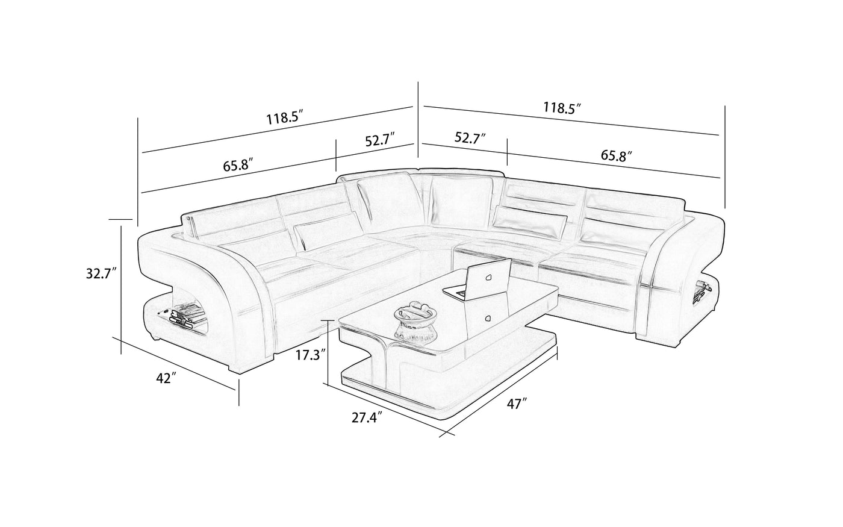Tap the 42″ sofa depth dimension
[x=166, y=378]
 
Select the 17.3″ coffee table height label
[x=310, y=355]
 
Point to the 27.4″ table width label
[x=367, y=418]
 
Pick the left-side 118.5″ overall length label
[x=285, y=118]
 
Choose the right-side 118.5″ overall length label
[x=562, y=108]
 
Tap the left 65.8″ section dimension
[x=238, y=166]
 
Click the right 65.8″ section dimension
[x=616, y=155]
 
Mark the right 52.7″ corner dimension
[x=470, y=138]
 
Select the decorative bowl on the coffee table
[x=415, y=320]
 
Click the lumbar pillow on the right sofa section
[x=530, y=222]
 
